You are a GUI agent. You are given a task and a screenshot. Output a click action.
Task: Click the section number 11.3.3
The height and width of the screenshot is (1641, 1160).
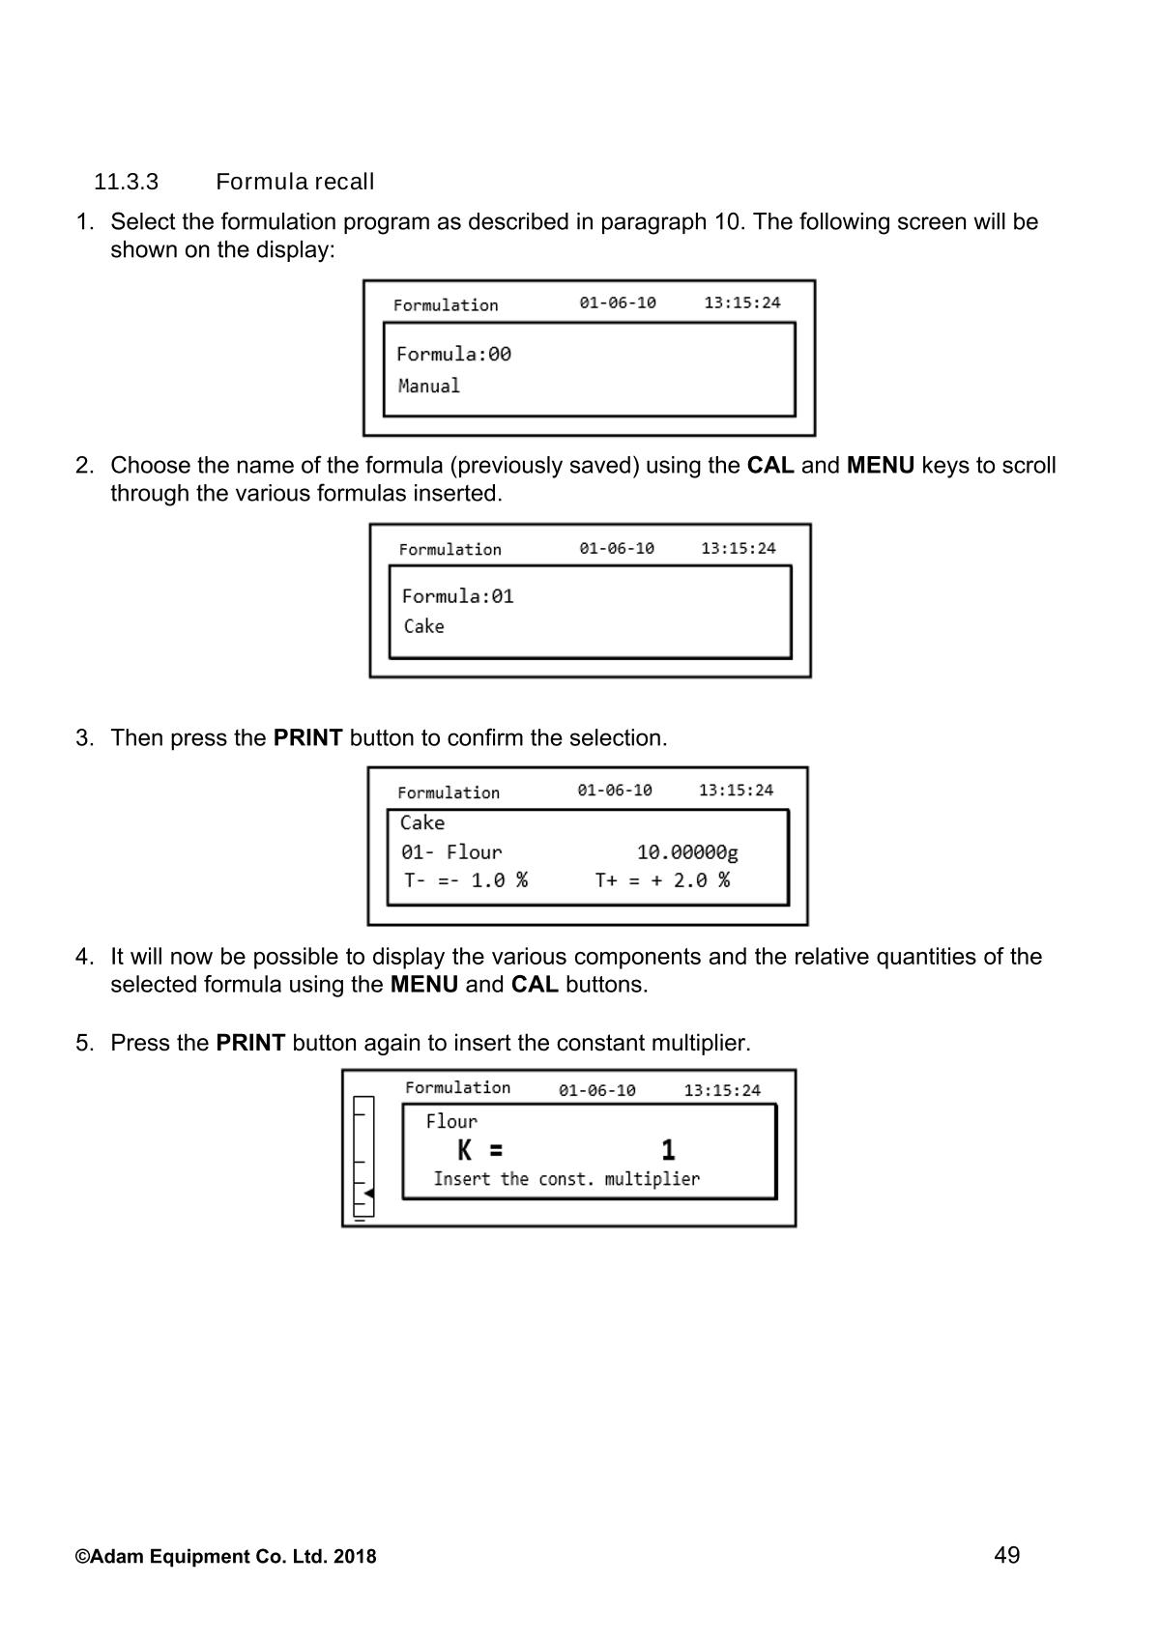[126, 182]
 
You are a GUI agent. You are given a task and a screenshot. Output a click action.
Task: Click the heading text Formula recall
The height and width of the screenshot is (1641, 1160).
[295, 182]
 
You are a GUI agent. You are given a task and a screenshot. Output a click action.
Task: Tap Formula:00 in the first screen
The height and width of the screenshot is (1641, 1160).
[453, 354]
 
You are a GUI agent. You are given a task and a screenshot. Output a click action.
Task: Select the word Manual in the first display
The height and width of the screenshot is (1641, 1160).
[429, 386]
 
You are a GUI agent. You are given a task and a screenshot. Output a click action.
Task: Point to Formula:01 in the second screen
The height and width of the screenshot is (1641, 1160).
[457, 596]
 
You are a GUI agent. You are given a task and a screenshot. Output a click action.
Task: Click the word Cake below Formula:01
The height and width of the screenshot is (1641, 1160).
[424, 626]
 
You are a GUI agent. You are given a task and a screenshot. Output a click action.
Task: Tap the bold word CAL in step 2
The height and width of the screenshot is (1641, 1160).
[770, 466]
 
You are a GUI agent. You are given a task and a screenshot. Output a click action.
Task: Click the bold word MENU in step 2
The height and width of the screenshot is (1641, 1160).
[880, 466]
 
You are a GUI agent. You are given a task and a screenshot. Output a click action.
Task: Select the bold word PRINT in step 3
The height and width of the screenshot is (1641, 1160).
[307, 738]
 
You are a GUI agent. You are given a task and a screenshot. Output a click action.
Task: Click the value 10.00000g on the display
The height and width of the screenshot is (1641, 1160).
[687, 852]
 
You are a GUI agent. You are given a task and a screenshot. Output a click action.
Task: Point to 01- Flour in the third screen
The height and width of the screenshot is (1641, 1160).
[451, 852]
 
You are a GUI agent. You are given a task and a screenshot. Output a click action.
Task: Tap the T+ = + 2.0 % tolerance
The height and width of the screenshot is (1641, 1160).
[662, 880]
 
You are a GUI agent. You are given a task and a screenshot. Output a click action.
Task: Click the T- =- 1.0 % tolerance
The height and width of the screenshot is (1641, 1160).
[466, 880]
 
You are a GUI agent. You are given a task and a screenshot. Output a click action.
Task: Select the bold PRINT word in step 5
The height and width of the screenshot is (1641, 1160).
[250, 1044]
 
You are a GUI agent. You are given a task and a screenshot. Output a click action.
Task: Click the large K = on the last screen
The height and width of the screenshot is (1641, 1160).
[480, 1150]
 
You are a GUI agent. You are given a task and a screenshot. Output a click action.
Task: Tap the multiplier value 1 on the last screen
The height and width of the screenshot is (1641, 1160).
[668, 1150]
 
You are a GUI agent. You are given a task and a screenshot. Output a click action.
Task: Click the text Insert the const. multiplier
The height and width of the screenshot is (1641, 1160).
[566, 1179]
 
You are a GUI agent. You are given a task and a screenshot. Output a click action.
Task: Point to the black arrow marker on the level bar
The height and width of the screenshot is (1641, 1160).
[368, 1194]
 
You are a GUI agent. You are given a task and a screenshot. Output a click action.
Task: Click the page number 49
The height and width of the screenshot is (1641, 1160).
[1006, 1555]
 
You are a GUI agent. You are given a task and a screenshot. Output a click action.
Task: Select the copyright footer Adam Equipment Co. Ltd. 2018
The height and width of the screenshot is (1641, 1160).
[226, 1557]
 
